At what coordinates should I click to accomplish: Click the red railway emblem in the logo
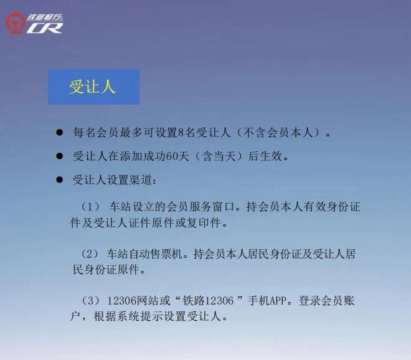point(15,23)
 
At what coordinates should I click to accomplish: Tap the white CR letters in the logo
point(45,28)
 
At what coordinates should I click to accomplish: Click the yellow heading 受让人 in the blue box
point(92,87)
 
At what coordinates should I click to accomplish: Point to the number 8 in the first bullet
point(181,133)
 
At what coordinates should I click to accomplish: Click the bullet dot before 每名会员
point(60,132)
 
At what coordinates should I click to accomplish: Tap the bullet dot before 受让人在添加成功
point(60,156)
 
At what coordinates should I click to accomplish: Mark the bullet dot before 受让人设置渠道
point(60,180)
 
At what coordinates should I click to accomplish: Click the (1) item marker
point(90,207)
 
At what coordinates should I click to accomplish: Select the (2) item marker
point(90,254)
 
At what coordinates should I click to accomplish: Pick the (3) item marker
point(90,300)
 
